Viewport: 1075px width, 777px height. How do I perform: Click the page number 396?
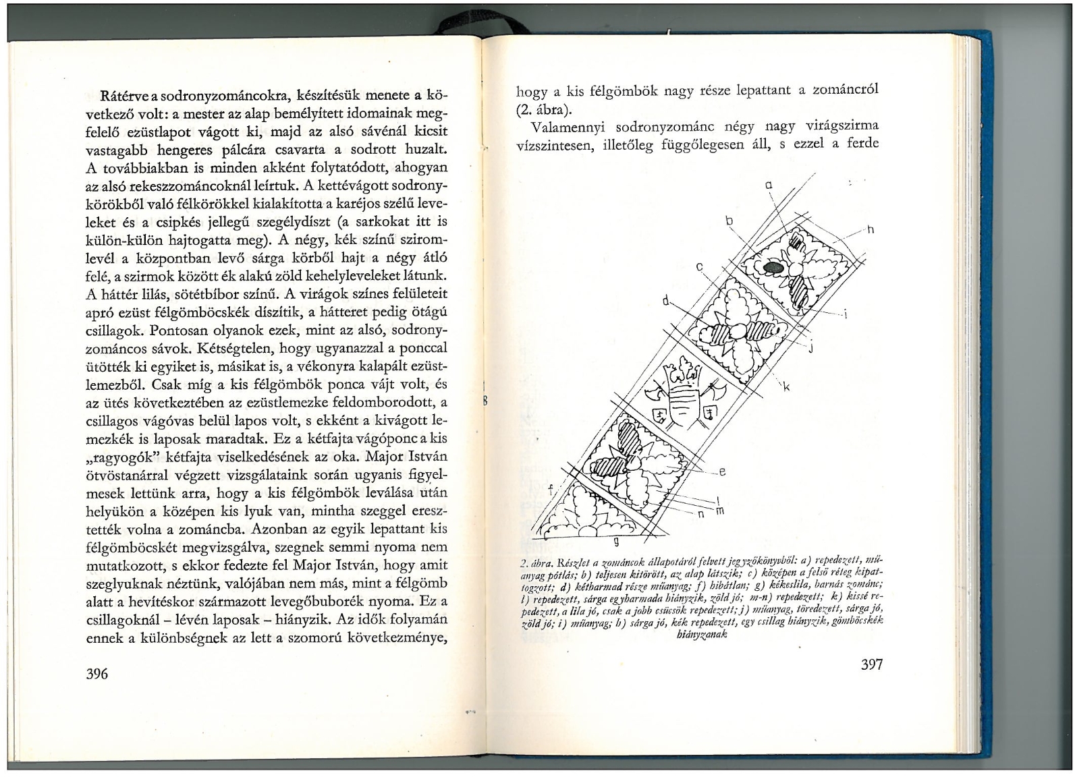98,674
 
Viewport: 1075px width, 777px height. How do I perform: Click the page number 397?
872,664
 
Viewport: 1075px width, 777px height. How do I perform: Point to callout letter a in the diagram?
768,184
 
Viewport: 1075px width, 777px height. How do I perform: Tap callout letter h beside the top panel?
870,230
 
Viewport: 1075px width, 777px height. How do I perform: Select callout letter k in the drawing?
787,387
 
